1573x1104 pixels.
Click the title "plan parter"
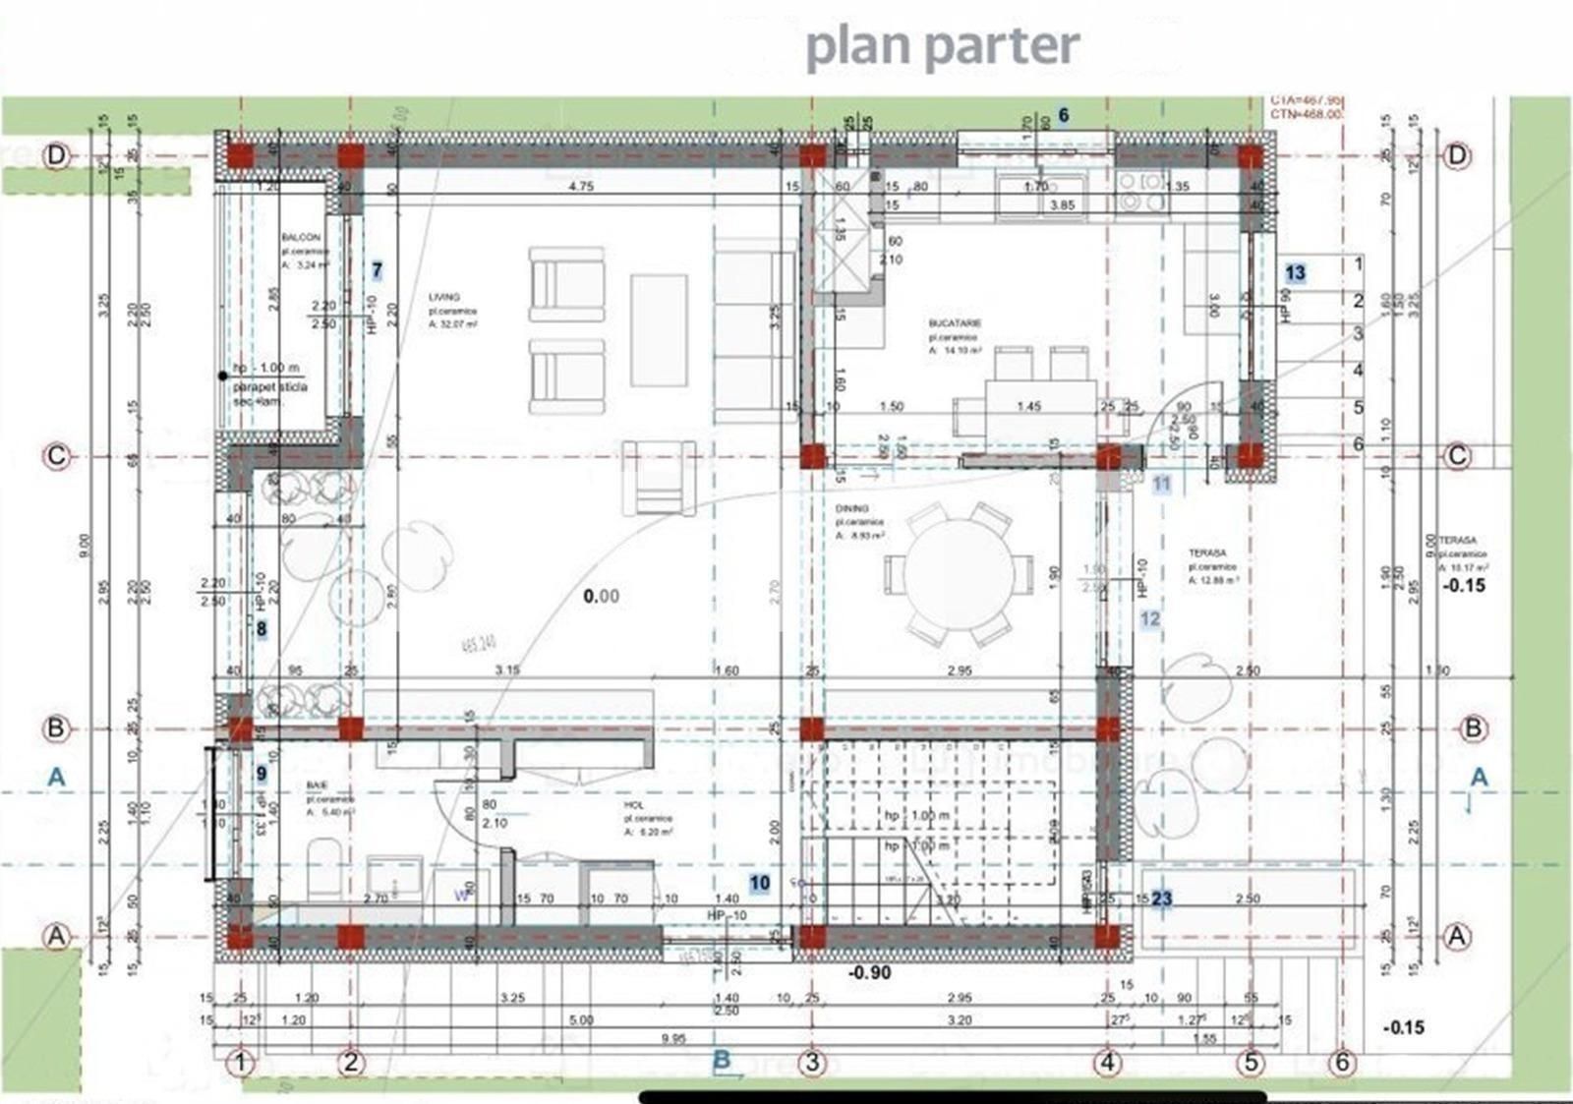pos(942,46)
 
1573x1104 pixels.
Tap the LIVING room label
pos(444,297)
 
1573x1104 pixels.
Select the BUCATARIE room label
pos(955,322)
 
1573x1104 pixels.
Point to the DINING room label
pos(852,508)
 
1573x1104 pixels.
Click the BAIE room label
pos(317,784)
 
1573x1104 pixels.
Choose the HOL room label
pos(634,805)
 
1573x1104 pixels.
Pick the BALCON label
pos(301,238)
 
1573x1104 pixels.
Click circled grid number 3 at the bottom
pos(812,1063)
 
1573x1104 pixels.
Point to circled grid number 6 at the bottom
pos(1342,1063)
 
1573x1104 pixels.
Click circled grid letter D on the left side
pos(56,155)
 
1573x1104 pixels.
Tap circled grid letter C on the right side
pos(1457,455)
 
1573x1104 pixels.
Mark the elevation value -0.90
pos(869,972)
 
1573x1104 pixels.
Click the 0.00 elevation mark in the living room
pos(601,596)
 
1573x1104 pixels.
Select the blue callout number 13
pos(1295,273)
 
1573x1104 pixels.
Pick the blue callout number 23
pos(1162,899)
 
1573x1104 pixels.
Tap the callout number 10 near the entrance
pos(759,883)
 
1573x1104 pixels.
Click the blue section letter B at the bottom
pos(722,1061)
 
